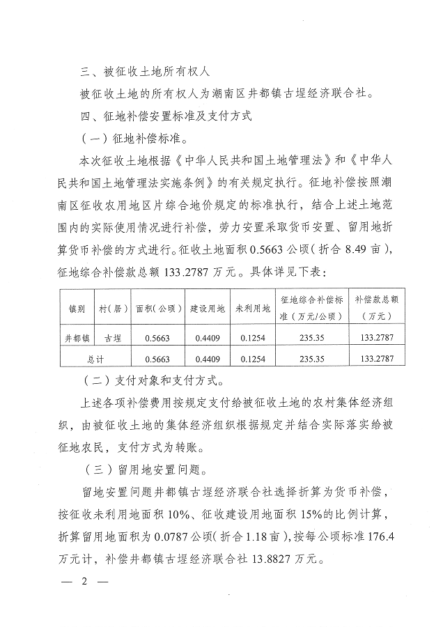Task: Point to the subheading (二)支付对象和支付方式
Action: point(150,380)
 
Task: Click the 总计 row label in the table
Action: point(95,359)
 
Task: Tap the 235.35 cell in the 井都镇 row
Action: point(311,339)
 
